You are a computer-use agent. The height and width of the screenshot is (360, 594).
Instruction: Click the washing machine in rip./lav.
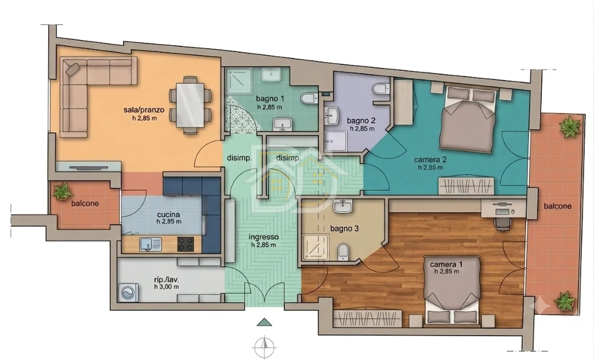pyautogui.click(x=128, y=292)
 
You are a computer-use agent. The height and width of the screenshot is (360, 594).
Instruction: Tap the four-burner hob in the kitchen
pyautogui.click(x=186, y=244)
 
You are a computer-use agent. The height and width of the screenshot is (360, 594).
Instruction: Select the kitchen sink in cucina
pyautogui.click(x=150, y=244)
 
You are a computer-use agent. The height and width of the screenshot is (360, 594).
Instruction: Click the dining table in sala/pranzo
pyautogui.click(x=190, y=105)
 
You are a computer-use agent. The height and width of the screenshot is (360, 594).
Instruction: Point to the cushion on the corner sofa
pyautogui.click(x=73, y=69)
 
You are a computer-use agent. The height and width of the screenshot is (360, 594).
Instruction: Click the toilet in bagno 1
pyautogui.click(x=309, y=98)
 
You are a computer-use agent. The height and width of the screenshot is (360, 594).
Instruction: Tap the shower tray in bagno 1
pyautogui.click(x=239, y=81)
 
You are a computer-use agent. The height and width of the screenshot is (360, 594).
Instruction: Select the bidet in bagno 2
pyautogui.click(x=381, y=89)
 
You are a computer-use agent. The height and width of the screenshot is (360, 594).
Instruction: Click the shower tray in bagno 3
pyautogui.click(x=315, y=247)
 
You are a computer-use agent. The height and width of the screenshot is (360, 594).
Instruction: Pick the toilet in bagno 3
pyautogui.click(x=343, y=252)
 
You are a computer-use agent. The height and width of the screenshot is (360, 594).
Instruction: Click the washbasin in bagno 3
pyautogui.click(x=343, y=206)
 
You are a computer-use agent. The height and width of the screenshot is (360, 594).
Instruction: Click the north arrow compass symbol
pyautogui.click(x=264, y=347)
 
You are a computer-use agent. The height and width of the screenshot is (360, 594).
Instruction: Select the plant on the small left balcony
pyautogui.click(x=62, y=191)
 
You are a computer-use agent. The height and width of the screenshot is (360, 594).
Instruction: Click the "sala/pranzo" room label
pyautogui.click(x=144, y=110)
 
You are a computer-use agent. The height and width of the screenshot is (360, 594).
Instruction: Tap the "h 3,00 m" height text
pyautogui.click(x=166, y=287)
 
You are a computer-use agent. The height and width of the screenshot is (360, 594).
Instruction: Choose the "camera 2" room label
pyautogui.click(x=430, y=159)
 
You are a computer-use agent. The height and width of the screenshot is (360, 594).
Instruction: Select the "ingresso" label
pyautogui.click(x=263, y=237)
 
